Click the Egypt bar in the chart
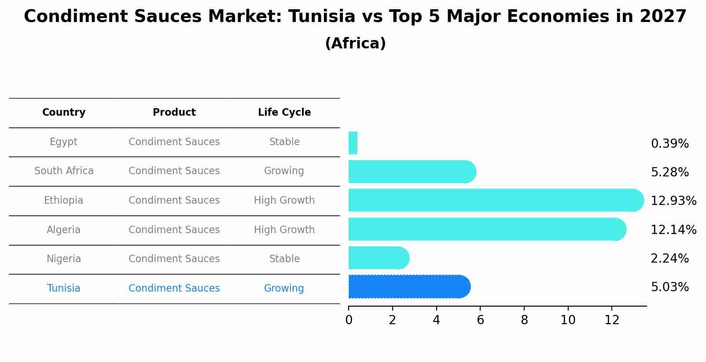coord(353,143)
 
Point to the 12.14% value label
coord(673,230)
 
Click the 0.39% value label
coord(669,144)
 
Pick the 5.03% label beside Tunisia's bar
coord(669,287)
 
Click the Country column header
coord(64,113)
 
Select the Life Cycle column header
coord(284,113)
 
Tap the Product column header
coord(174,113)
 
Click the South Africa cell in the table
coord(64,171)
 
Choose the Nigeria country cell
coord(64,259)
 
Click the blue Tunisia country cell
coord(64,288)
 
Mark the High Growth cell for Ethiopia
coord(284,200)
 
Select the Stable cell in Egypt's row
coord(284,142)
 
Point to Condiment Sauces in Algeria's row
coord(174,230)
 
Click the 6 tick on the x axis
coord(480,320)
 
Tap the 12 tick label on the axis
coord(612,320)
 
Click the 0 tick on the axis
coord(349,320)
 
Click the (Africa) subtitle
coord(355,44)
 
